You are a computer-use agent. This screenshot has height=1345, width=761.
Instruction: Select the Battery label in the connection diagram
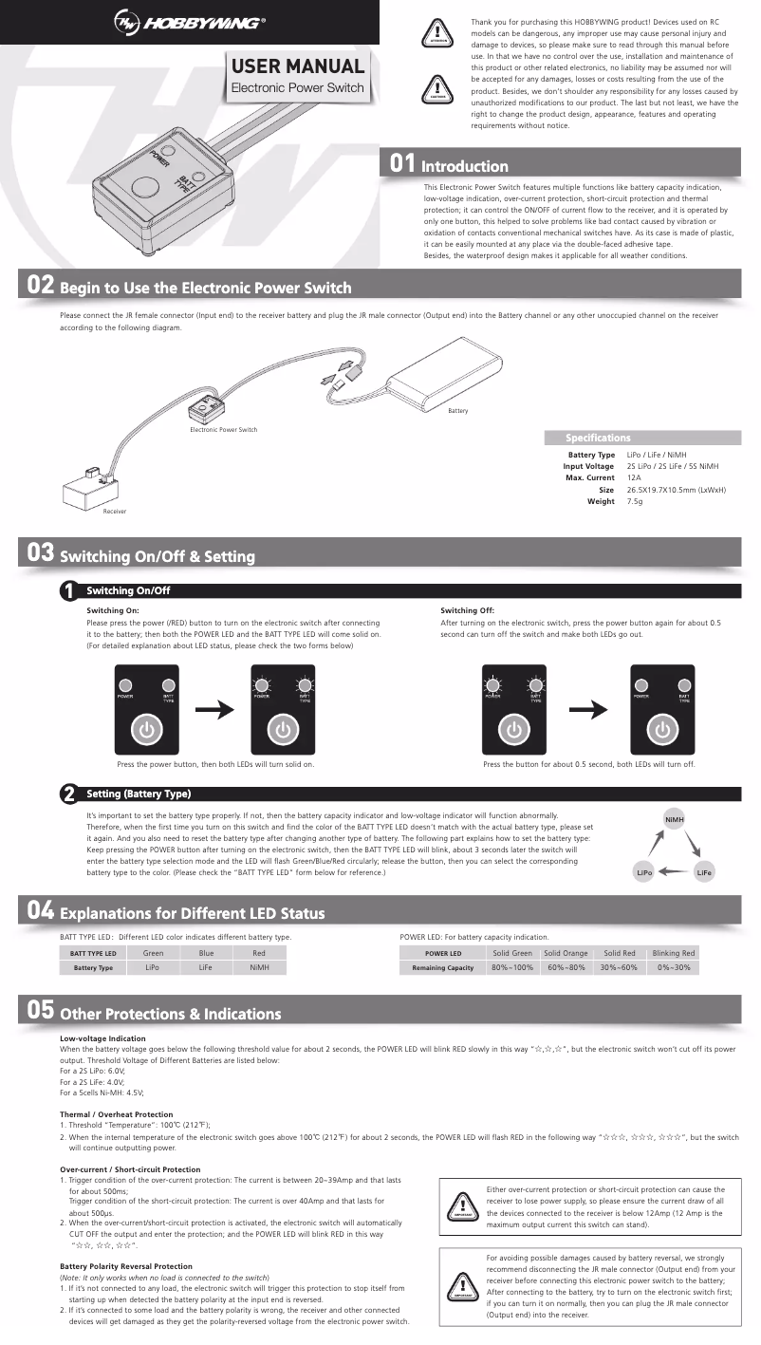click(x=458, y=410)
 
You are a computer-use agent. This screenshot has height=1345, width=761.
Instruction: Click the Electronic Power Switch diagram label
click(x=223, y=430)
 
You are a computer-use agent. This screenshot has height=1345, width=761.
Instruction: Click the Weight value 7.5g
click(x=635, y=500)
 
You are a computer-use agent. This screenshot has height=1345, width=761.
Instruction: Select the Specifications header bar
click(x=639, y=438)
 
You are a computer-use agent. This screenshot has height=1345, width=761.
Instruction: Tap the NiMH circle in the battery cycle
click(x=675, y=819)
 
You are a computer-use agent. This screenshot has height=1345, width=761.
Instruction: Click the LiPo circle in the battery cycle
click(x=644, y=871)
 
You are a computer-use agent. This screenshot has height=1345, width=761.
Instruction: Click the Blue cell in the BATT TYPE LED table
click(x=206, y=953)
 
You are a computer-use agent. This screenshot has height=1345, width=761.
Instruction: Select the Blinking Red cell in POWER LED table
click(x=674, y=953)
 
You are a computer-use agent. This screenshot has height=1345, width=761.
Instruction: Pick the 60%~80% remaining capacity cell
click(x=566, y=967)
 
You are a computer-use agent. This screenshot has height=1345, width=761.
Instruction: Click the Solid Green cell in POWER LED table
click(x=512, y=953)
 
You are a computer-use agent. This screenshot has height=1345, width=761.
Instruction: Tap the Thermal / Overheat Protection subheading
click(x=117, y=1114)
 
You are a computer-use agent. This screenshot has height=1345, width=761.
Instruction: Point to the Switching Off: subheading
click(x=468, y=610)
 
